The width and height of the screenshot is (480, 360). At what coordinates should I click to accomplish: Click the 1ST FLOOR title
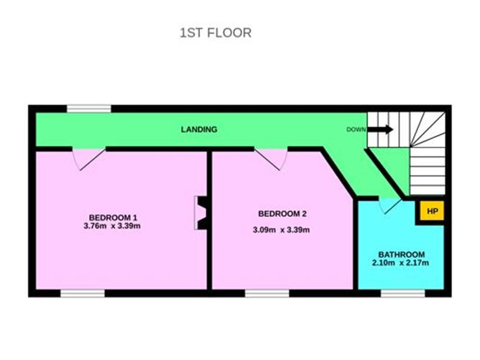coord(216,33)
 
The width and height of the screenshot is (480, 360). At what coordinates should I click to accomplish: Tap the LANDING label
coord(199,129)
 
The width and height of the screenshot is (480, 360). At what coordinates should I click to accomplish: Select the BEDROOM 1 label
coord(113,218)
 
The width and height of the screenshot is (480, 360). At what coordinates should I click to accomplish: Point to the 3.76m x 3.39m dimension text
coord(112,226)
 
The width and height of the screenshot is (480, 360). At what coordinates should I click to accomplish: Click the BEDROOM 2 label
coord(282,213)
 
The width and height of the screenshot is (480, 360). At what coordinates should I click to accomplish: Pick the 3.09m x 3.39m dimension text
coord(281,230)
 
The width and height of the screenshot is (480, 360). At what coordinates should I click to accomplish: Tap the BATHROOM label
coord(402,254)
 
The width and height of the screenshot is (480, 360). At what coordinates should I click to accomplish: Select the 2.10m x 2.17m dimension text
coord(400,263)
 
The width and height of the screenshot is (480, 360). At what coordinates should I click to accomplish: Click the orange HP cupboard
coord(432,211)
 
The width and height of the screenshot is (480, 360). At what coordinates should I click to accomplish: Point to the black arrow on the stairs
coord(380,129)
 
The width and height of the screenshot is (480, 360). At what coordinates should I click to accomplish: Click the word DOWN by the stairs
coord(356,129)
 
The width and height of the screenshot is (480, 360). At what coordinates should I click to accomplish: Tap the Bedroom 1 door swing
coord(89,160)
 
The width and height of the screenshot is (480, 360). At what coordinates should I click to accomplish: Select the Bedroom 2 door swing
coord(271,160)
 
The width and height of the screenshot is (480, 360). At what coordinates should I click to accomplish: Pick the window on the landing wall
coord(89,109)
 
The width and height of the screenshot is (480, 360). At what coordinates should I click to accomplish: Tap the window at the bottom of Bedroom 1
coord(83,293)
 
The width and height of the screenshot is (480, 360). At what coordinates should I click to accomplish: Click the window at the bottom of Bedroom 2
coord(267,293)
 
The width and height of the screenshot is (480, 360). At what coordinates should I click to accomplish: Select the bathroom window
coord(403,293)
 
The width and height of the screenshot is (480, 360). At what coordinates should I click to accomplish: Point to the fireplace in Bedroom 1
coord(201,213)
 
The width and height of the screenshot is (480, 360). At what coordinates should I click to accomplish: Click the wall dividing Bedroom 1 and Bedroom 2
coord(209,221)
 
